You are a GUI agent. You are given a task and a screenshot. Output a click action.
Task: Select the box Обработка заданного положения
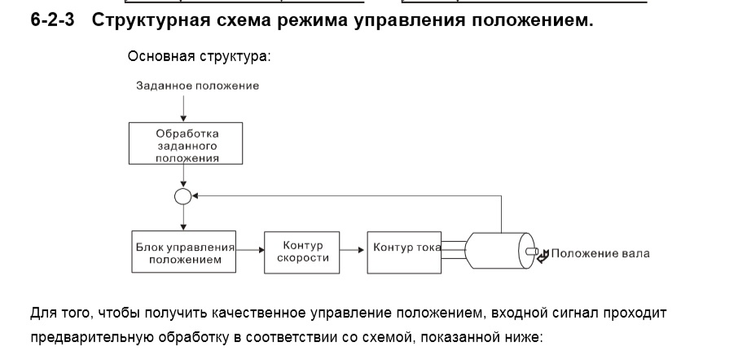click(x=187, y=144)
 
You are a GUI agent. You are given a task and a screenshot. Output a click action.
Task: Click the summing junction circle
click(x=184, y=196)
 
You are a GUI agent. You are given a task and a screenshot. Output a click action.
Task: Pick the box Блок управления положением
click(x=184, y=252)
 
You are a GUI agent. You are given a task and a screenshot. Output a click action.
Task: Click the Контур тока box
click(x=406, y=247)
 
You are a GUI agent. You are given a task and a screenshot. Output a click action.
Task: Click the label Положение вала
click(x=600, y=253)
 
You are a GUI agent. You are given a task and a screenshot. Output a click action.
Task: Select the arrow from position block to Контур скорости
click(x=250, y=252)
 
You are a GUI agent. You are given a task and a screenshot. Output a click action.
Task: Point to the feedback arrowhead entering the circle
click(x=197, y=196)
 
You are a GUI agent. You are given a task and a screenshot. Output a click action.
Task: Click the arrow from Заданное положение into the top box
click(x=184, y=108)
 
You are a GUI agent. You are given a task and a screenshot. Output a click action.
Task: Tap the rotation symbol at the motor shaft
click(x=543, y=255)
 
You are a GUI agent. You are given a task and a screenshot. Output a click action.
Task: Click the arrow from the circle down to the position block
click(x=184, y=217)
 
